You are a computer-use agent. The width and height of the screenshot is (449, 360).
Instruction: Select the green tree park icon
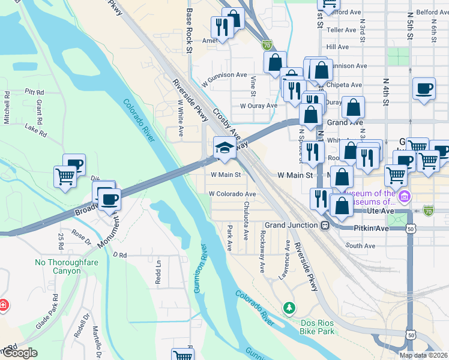(290, 307)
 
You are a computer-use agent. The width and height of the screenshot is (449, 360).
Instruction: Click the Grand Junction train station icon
(324, 226)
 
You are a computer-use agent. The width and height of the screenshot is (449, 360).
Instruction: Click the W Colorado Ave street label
(232, 194)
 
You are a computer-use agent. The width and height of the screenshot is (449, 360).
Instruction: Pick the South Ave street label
(360, 245)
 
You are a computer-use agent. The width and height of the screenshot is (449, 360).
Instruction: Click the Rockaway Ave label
(262, 252)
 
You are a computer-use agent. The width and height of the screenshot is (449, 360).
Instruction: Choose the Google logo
(19, 353)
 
